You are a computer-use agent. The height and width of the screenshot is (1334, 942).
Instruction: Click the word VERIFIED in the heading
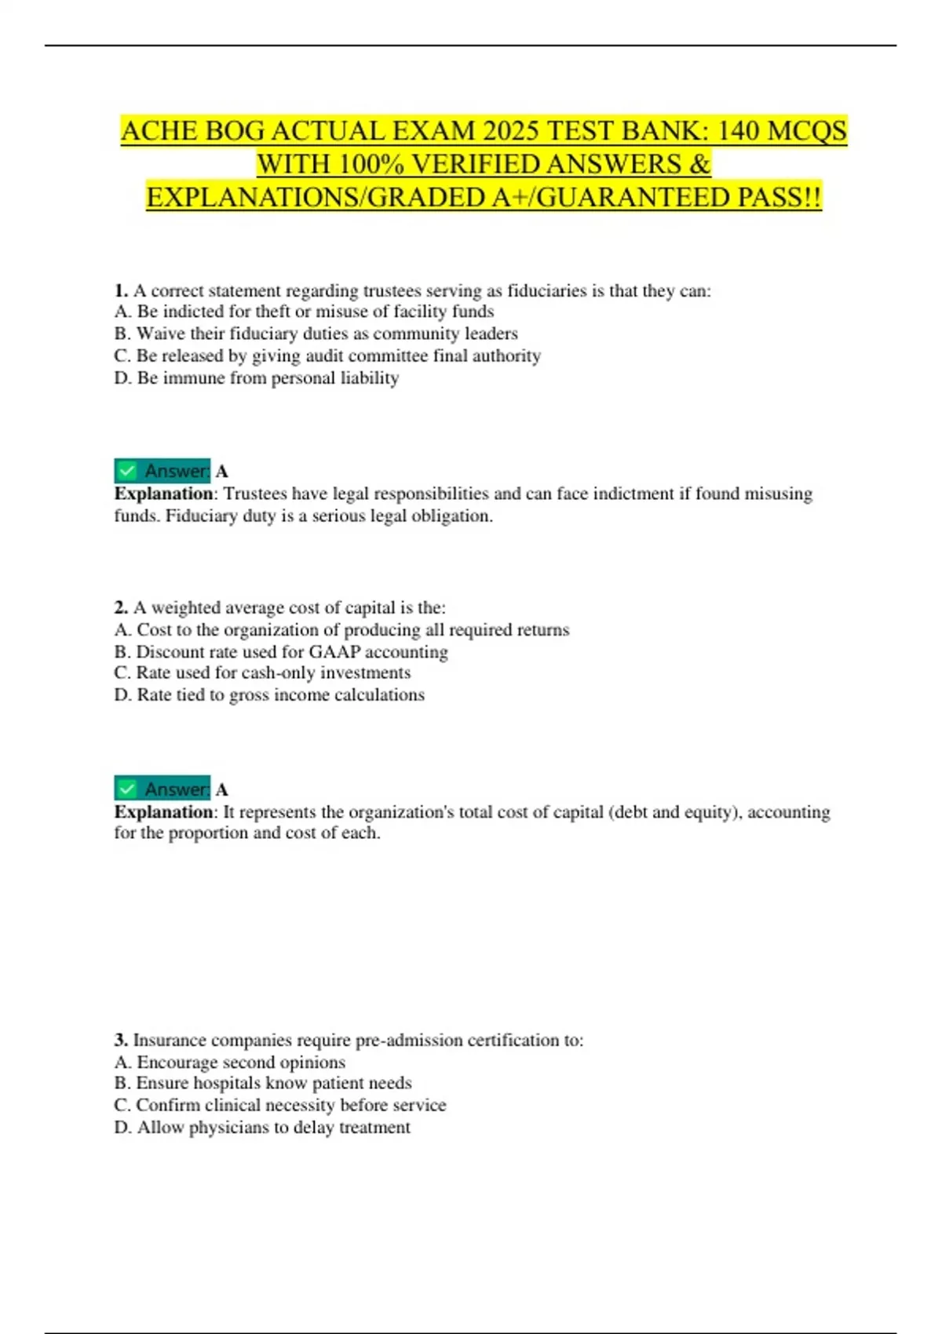(x=476, y=164)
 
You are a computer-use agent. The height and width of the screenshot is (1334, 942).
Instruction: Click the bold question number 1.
(x=121, y=291)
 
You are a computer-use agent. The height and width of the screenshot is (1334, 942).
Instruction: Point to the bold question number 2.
(x=121, y=608)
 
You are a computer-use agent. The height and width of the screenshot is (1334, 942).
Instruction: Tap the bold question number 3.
(x=121, y=1041)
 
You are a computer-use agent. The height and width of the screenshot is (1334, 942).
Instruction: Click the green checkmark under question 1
(x=126, y=471)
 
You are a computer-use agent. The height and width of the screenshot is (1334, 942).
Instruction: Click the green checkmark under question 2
(x=126, y=789)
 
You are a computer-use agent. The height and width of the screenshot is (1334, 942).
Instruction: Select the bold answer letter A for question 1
(x=222, y=472)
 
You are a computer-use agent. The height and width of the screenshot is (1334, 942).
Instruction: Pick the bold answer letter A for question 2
(x=222, y=790)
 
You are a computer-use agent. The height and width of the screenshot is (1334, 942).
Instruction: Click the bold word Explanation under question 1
(x=163, y=494)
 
